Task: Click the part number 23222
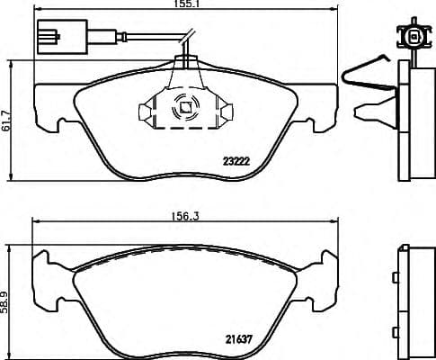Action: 236,162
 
